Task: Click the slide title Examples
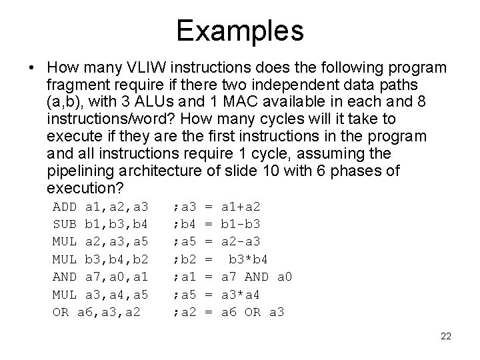tap(240, 30)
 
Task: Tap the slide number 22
tap(446, 336)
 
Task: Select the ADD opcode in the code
tap(64, 207)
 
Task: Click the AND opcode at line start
tap(64, 276)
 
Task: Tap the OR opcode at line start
tap(60, 311)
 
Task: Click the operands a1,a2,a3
tap(116, 207)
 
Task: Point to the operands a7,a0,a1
tap(116, 276)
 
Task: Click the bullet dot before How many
tap(32, 69)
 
